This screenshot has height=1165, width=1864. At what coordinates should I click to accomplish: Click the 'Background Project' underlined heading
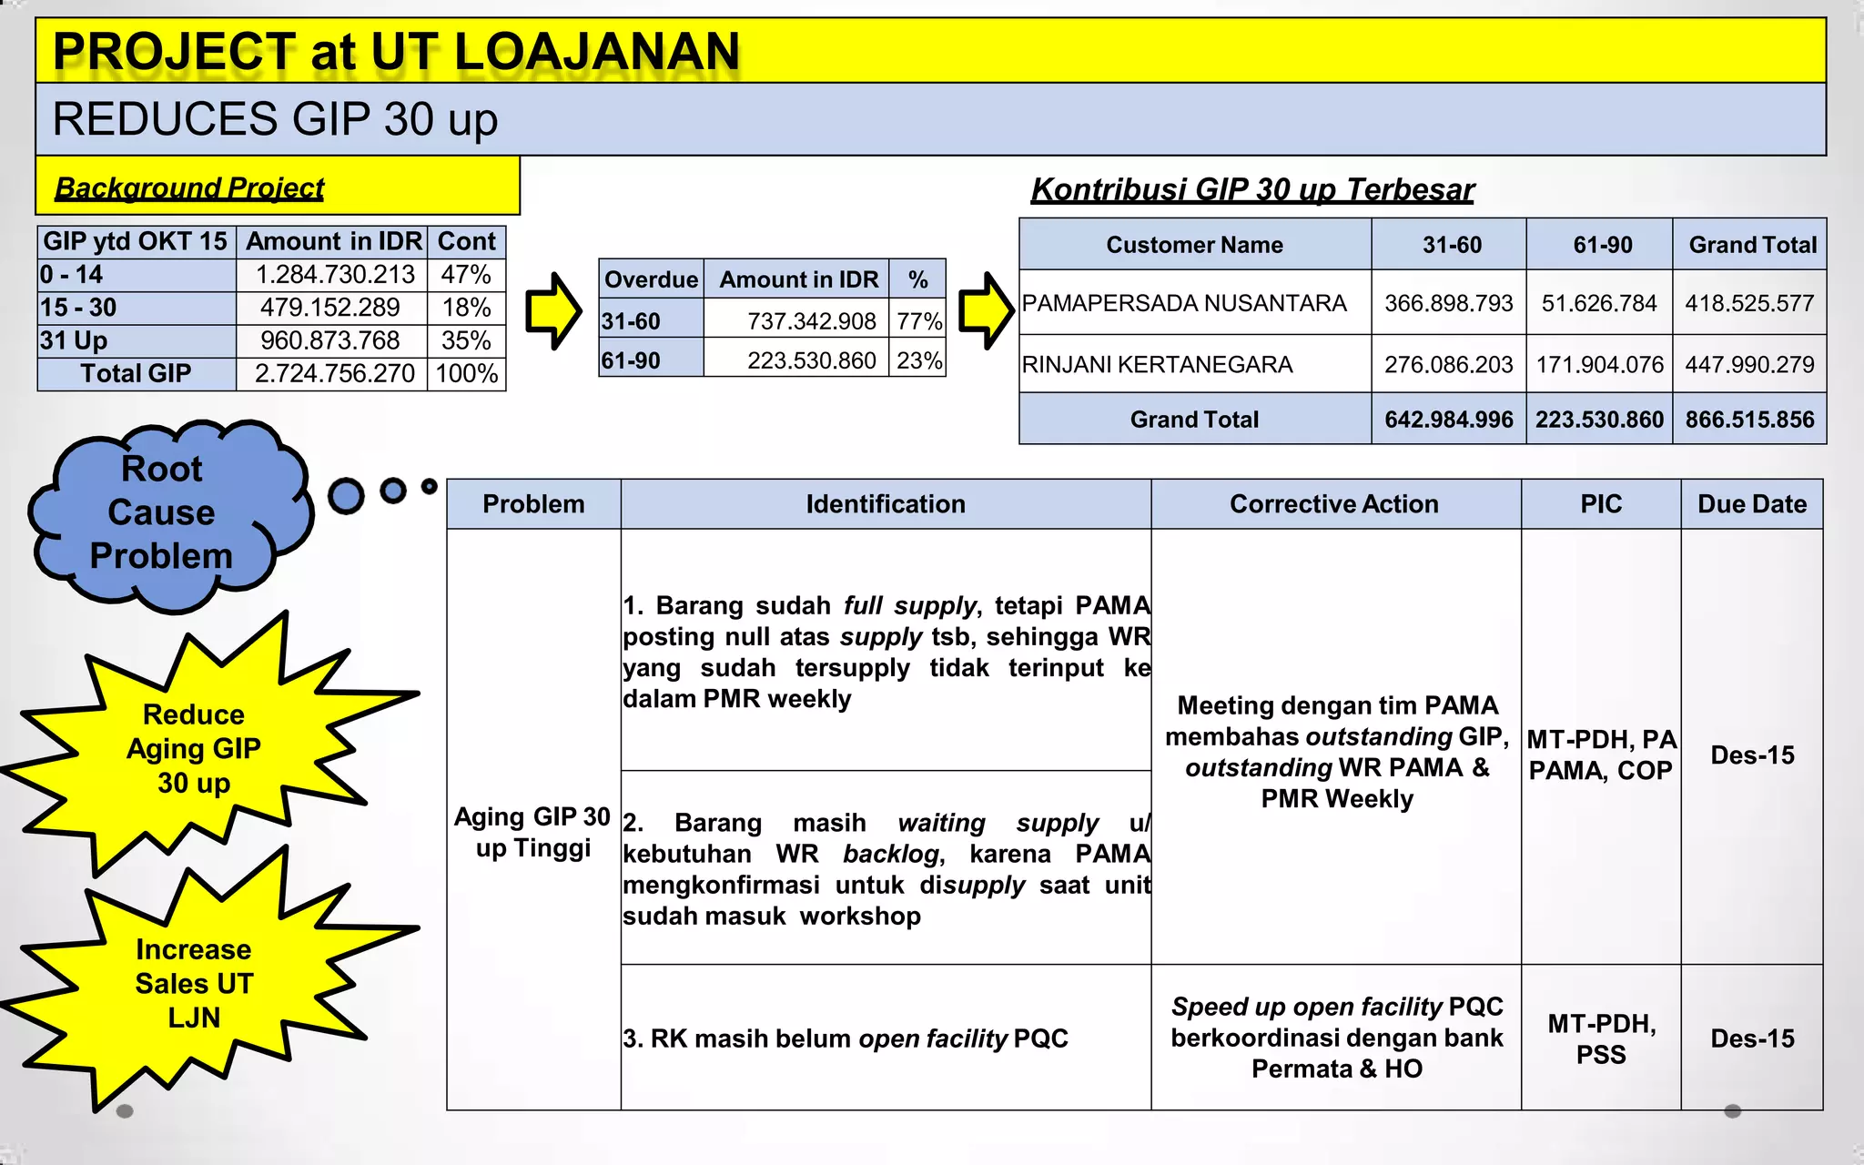click(189, 187)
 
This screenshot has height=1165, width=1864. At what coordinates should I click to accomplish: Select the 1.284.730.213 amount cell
click(334, 274)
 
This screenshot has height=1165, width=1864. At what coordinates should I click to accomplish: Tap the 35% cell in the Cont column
click(466, 340)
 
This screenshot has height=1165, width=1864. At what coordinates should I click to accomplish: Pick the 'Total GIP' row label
click(136, 373)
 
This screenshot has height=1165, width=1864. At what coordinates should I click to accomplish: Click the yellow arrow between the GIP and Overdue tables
click(552, 310)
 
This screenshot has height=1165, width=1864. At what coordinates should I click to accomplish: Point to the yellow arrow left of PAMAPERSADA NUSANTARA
click(986, 310)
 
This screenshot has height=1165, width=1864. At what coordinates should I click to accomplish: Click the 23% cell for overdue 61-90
click(918, 360)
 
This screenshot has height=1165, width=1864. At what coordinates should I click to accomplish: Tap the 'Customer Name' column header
click(1194, 245)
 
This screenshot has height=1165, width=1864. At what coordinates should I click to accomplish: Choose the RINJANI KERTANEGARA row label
click(1157, 364)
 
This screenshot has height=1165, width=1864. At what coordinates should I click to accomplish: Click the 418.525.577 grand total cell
click(1748, 303)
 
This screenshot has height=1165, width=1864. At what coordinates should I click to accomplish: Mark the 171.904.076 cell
click(1599, 364)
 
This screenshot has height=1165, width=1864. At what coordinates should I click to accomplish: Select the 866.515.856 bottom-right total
click(1748, 420)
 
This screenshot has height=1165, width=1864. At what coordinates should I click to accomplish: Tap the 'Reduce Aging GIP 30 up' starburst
click(193, 748)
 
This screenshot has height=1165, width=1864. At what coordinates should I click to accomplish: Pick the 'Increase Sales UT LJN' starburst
click(193, 983)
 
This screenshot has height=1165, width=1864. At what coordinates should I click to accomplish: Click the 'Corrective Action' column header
click(1333, 504)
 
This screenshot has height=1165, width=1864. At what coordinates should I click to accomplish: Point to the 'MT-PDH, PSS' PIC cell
click(1600, 1038)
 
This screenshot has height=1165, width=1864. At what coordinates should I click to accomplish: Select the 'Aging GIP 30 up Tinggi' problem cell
click(533, 832)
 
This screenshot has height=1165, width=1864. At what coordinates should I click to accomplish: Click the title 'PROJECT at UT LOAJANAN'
click(397, 51)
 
